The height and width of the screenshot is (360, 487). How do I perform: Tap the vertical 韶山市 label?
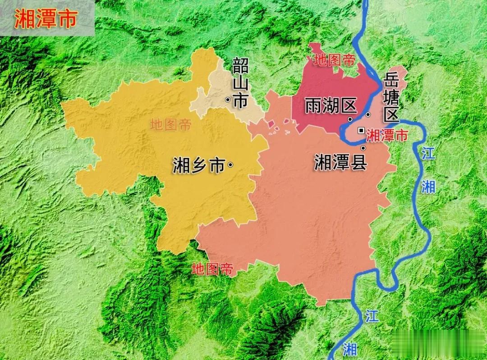(240, 84)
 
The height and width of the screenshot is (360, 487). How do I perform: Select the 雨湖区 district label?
(331, 106)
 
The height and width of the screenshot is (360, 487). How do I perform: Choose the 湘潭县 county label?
(340, 162)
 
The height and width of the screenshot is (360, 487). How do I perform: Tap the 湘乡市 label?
(198, 166)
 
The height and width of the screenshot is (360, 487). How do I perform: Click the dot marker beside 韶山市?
(228, 100)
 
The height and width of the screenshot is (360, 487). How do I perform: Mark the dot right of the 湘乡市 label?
(230, 165)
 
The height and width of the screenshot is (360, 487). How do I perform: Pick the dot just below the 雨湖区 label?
(350, 119)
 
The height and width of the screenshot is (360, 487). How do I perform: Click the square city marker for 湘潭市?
(360, 130)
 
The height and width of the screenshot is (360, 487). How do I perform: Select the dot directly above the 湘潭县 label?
(363, 148)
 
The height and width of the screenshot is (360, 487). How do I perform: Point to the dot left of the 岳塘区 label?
(368, 114)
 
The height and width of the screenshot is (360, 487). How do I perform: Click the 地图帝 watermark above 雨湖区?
(335, 60)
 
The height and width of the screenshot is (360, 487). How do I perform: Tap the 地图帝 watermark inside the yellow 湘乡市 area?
(171, 124)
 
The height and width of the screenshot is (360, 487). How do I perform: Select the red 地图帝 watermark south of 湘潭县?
(212, 269)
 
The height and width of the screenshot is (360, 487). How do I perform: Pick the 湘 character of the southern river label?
(349, 348)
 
